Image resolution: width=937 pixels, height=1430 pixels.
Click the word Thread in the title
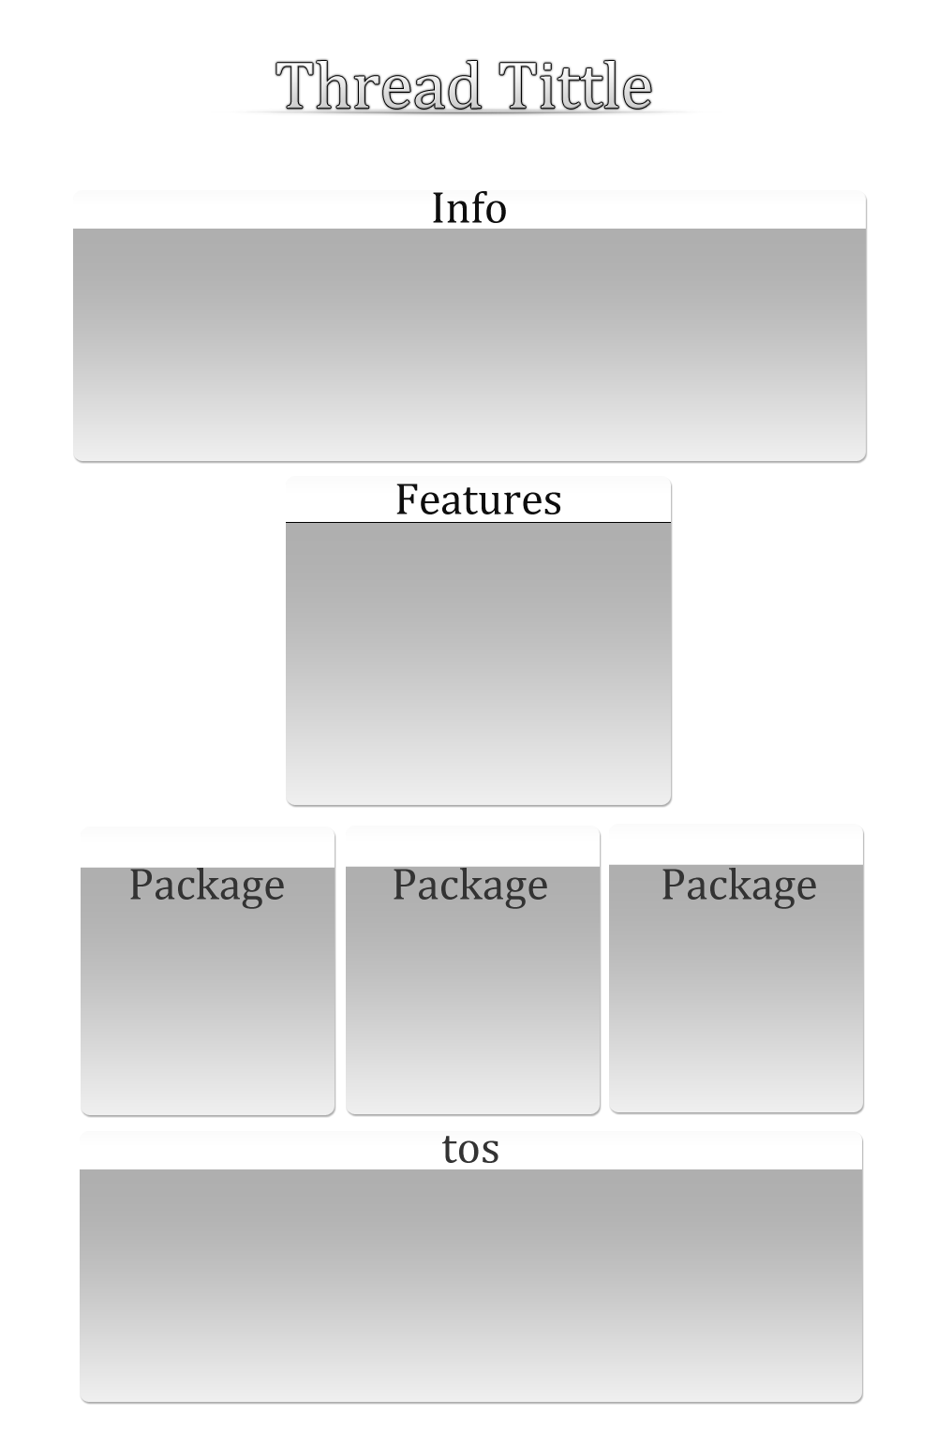pos(378,84)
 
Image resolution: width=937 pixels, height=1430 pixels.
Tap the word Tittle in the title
pos(575,84)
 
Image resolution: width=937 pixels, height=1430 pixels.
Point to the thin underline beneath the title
pos(466,112)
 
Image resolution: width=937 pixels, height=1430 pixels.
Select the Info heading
pos(469,207)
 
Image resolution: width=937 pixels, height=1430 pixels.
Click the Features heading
pos(479,499)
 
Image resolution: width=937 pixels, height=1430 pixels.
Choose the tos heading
pos(470,1149)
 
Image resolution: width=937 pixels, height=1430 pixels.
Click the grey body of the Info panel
pos(469,344)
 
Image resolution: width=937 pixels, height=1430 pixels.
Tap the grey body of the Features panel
pos(478,663)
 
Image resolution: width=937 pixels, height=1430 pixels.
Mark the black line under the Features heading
pos(478,522)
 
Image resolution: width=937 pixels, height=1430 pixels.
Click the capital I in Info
pos(439,208)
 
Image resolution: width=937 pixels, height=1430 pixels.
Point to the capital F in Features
pos(407,499)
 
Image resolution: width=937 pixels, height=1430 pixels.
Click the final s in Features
pos(553,503)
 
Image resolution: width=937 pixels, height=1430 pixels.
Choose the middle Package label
pos(469,886)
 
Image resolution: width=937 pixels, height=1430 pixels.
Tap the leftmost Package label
pos(207,886)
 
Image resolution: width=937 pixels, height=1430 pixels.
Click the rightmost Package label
pos(738,886)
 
